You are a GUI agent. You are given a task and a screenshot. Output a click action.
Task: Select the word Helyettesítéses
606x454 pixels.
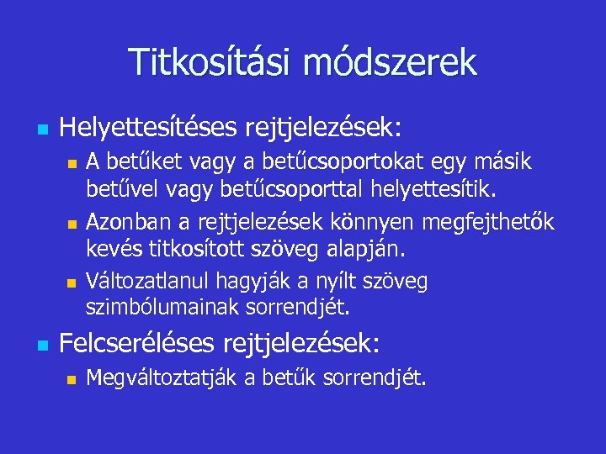point(148,129)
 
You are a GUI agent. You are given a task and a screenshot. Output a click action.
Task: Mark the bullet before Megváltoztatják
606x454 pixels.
point(72,381)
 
